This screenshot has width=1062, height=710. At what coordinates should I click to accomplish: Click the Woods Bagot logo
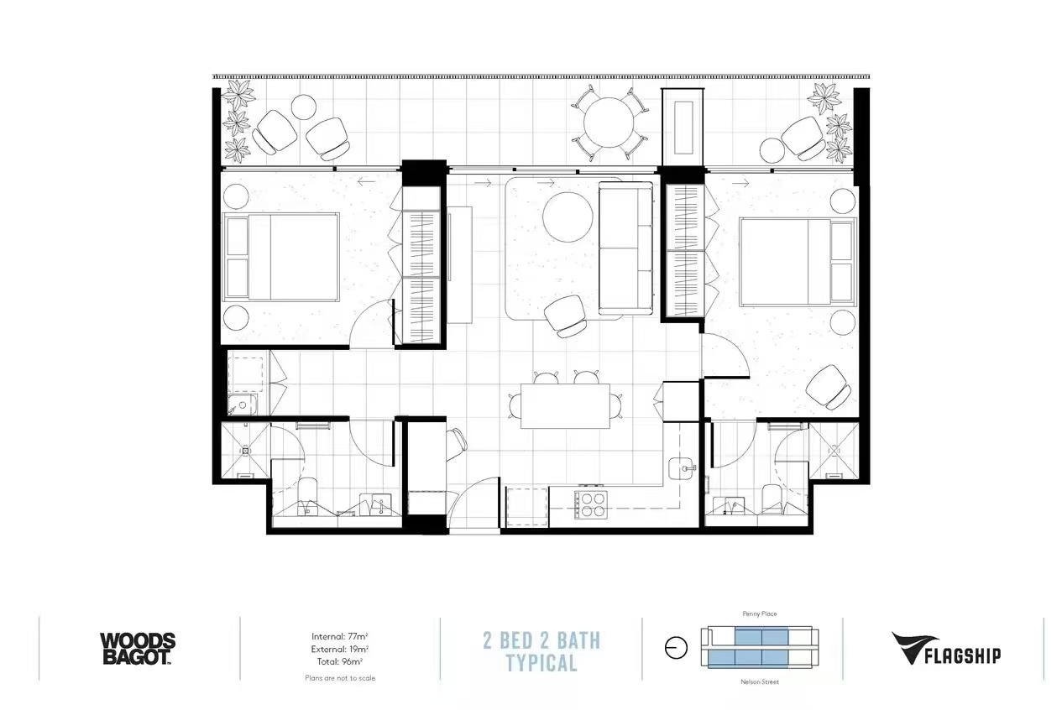click(138, 649)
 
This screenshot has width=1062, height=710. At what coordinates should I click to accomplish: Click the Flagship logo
click(946, 649)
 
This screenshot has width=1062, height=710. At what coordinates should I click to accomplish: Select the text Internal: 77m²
click(340, 636)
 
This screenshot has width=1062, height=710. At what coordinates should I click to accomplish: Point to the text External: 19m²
click(340, 649)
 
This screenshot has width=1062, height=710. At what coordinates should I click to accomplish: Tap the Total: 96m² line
click(340, 661)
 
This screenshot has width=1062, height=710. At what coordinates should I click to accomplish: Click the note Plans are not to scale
click(340, 678)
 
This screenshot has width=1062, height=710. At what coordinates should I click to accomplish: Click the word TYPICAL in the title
click(541, 663)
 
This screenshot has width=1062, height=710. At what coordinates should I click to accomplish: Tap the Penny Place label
click(760, 613)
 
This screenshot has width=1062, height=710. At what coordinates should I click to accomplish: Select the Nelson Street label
click(760, 682)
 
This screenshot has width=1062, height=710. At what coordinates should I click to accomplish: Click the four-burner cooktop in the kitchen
click(591, 504)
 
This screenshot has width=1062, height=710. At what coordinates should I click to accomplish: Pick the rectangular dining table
click(565, 406)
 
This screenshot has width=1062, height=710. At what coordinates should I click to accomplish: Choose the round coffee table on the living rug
click(568, 217)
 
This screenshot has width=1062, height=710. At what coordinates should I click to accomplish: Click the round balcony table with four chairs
click(609, 123)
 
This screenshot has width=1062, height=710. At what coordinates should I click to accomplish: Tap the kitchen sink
click(682, 469)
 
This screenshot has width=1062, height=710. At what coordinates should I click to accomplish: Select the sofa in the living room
click(625, 248)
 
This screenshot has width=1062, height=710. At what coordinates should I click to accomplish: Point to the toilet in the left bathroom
click(307, 495)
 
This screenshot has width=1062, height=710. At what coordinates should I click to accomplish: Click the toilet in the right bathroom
click(772, 499)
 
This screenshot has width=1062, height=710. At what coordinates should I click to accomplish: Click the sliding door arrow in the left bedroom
click(367, 180)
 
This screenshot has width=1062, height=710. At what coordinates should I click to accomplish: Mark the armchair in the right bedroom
click(829, 387)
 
